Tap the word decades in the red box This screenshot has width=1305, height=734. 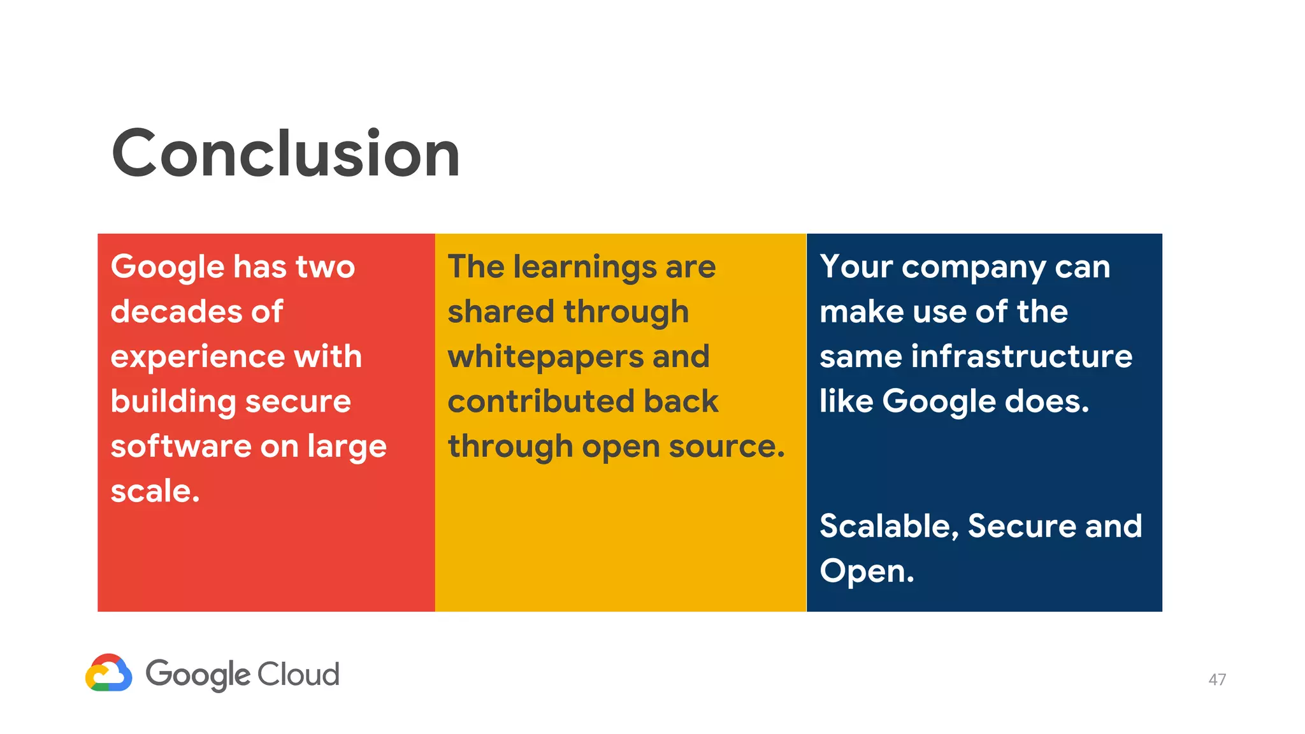(173, 312)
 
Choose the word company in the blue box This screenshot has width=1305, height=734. (973, 268)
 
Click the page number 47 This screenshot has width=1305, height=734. (1217, 679)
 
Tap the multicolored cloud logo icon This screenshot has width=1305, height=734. (109, 673)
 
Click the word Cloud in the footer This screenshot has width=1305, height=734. (298, 674)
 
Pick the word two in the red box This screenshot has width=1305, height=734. (325, 267)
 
